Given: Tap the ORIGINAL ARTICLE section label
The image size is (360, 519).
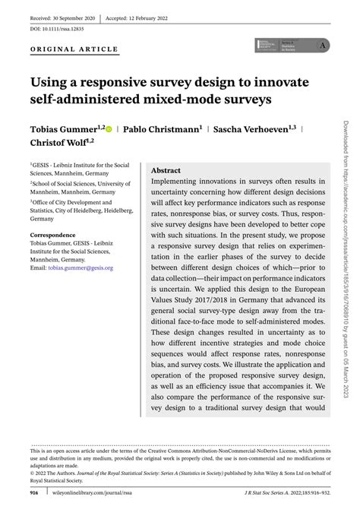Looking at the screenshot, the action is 74,49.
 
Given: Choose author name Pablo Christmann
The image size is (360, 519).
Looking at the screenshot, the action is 163,129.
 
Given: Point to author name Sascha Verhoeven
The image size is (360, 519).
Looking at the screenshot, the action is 254,129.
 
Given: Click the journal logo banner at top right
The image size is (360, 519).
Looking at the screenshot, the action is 295,47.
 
